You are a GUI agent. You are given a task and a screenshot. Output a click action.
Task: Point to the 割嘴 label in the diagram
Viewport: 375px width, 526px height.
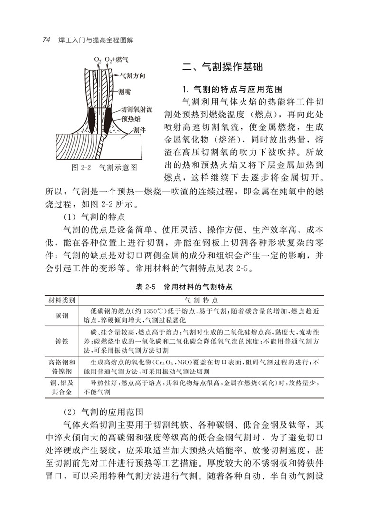(x=124, y=93)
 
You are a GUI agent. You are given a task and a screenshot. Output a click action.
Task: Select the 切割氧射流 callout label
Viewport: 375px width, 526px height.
(x=136, y=109)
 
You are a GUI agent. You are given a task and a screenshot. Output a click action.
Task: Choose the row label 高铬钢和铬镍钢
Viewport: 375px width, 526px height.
(x=62, y=366)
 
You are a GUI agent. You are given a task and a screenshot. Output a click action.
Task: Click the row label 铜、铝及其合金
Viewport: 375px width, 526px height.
(x=62, y=388)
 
